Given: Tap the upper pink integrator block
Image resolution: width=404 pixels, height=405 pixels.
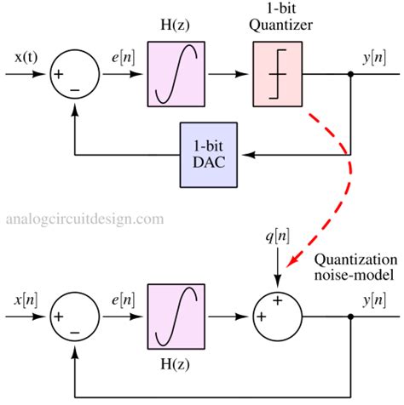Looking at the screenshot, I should [x=175, y=74].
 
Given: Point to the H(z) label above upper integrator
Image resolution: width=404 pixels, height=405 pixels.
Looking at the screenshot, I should [x=175, y=26].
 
